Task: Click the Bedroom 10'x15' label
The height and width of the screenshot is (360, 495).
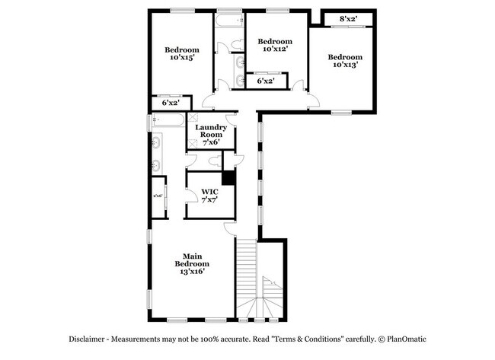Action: coord(182,53)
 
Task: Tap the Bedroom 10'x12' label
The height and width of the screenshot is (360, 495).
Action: coord(274,45)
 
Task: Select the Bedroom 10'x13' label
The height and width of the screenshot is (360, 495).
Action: coord(345,61)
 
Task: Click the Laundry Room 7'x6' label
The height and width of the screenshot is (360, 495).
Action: coord(210,134)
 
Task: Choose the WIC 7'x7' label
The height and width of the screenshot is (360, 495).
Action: coord(210,196)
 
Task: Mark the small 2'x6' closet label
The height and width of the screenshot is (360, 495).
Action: coord(158,196)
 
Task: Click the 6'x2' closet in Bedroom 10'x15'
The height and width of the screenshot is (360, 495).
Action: coord(170,102)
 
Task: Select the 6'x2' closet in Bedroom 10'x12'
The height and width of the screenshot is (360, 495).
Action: coord(266,80)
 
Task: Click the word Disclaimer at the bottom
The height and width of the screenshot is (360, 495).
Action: coord(91,338)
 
